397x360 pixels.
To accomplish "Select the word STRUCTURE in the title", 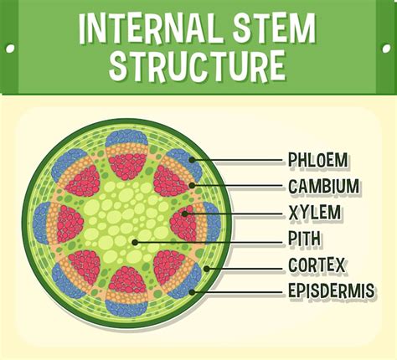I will point(199,67).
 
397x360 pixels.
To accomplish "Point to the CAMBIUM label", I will point(323,186).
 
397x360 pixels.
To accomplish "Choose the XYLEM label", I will point(314,213).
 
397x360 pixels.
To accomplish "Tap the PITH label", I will point(306,239).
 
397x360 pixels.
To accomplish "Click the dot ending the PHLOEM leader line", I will point(193,159).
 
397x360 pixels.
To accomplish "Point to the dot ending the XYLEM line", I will point(183,213).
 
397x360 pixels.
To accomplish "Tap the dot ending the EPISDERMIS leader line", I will point(193,292).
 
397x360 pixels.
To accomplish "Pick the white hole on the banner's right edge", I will point(387,48).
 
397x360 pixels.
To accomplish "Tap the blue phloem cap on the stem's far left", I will point(40,221).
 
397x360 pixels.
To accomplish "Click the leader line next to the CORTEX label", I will point(247,266).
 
